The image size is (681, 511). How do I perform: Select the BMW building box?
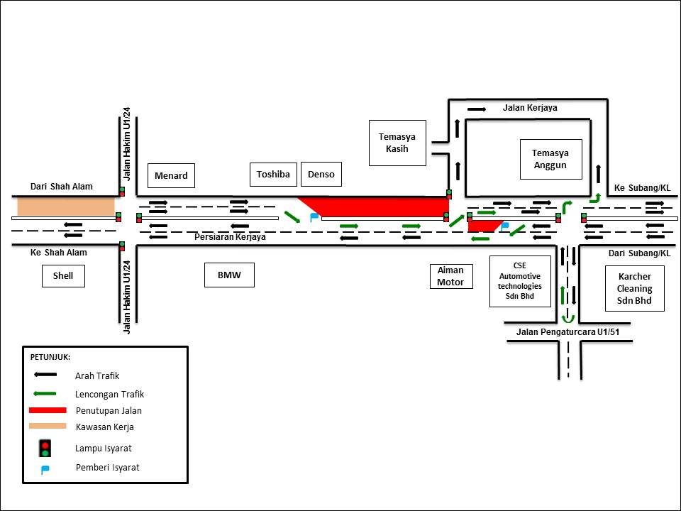228,275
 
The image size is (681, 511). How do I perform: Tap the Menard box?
171,175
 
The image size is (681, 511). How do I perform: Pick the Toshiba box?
273,174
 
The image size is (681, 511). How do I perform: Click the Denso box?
321,174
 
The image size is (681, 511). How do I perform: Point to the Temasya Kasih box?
397,143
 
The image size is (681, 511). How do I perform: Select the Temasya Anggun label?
550,159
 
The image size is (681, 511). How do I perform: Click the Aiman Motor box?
450,276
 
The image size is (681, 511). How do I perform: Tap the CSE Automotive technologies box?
520,281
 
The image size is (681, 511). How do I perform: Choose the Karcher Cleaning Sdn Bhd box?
634,288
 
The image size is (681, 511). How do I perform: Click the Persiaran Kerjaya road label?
230,237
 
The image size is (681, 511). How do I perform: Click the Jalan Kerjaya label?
530,108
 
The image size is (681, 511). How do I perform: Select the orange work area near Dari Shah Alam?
66,207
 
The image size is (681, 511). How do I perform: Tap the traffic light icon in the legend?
45,449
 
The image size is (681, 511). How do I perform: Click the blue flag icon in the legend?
45,469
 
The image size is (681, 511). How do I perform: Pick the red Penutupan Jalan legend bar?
48,410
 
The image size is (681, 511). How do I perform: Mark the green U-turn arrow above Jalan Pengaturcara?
565,318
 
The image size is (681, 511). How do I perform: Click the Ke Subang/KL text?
642,188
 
